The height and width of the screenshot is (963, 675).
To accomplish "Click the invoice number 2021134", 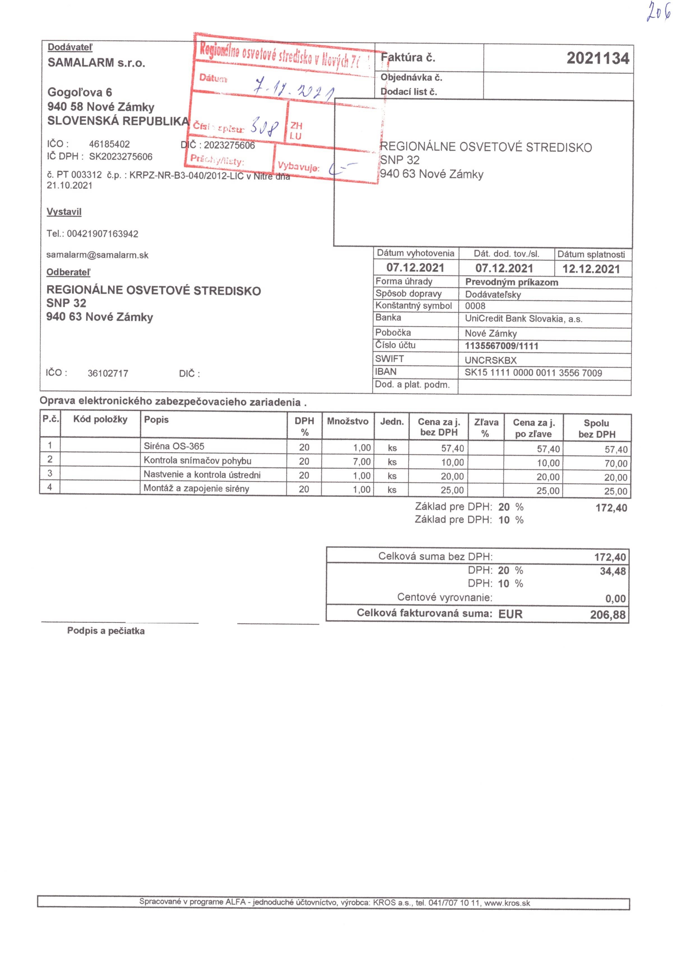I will [597, 58].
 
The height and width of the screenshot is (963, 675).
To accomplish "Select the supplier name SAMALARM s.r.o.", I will [96, 63].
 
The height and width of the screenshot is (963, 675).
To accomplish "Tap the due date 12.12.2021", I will [591, 269].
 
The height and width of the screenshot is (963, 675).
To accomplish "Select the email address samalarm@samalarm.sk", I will [97, 255].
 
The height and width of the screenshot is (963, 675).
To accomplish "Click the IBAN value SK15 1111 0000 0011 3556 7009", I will [533, 373].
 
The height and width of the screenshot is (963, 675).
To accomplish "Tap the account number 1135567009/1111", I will [501, 346].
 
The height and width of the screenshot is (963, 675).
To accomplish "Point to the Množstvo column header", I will [347, 421].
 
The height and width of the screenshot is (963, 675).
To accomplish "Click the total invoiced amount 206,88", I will [607, 615].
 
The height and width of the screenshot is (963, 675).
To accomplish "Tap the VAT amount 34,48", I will [613, 571].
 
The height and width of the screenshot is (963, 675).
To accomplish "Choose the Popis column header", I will [156, 420].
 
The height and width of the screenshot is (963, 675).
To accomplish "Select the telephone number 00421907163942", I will [102, 234].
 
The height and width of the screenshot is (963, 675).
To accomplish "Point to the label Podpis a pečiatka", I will [106, 631].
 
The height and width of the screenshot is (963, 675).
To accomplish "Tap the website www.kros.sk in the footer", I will [507, 903].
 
